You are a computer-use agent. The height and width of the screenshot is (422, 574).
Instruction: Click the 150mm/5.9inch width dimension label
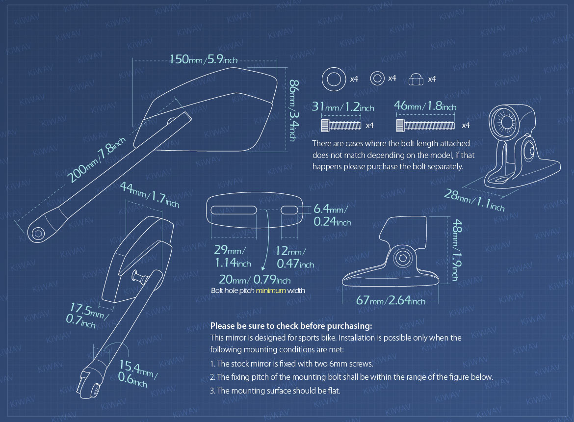click(204, 59)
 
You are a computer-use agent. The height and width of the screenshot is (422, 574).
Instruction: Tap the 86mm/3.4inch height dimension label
click(294, 110)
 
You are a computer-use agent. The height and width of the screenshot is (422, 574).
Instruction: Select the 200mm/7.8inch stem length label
click(96, 160)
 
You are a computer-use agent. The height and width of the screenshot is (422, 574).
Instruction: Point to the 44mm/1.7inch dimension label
click(150, 195)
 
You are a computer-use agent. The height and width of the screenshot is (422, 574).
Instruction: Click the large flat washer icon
click(334, 79)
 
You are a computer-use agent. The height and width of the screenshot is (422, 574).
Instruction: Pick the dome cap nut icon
click(416, 79)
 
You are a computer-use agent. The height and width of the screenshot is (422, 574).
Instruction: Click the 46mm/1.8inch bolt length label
click(425, 106)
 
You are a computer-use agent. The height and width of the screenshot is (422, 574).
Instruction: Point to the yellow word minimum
click(270, 290)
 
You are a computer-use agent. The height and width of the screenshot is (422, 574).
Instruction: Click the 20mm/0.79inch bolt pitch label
click(255, 280)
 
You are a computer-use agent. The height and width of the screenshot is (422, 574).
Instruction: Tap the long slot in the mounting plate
click(234, 210)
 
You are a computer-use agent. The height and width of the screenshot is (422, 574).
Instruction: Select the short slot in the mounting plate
click(289, 210)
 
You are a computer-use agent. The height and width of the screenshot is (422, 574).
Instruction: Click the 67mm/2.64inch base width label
click(391, 300)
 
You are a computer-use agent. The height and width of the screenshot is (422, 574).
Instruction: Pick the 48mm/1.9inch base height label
click(457, 250)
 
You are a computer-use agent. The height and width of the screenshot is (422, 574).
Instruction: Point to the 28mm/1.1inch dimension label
click(474, 200)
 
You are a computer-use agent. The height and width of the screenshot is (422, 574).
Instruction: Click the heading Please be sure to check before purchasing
click(291, 326)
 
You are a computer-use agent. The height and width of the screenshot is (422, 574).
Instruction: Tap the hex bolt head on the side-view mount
click(403, 259)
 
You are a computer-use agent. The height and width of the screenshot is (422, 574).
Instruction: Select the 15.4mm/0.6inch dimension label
click(138, 373)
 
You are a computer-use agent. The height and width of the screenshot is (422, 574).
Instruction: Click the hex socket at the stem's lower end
click(38, 233)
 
